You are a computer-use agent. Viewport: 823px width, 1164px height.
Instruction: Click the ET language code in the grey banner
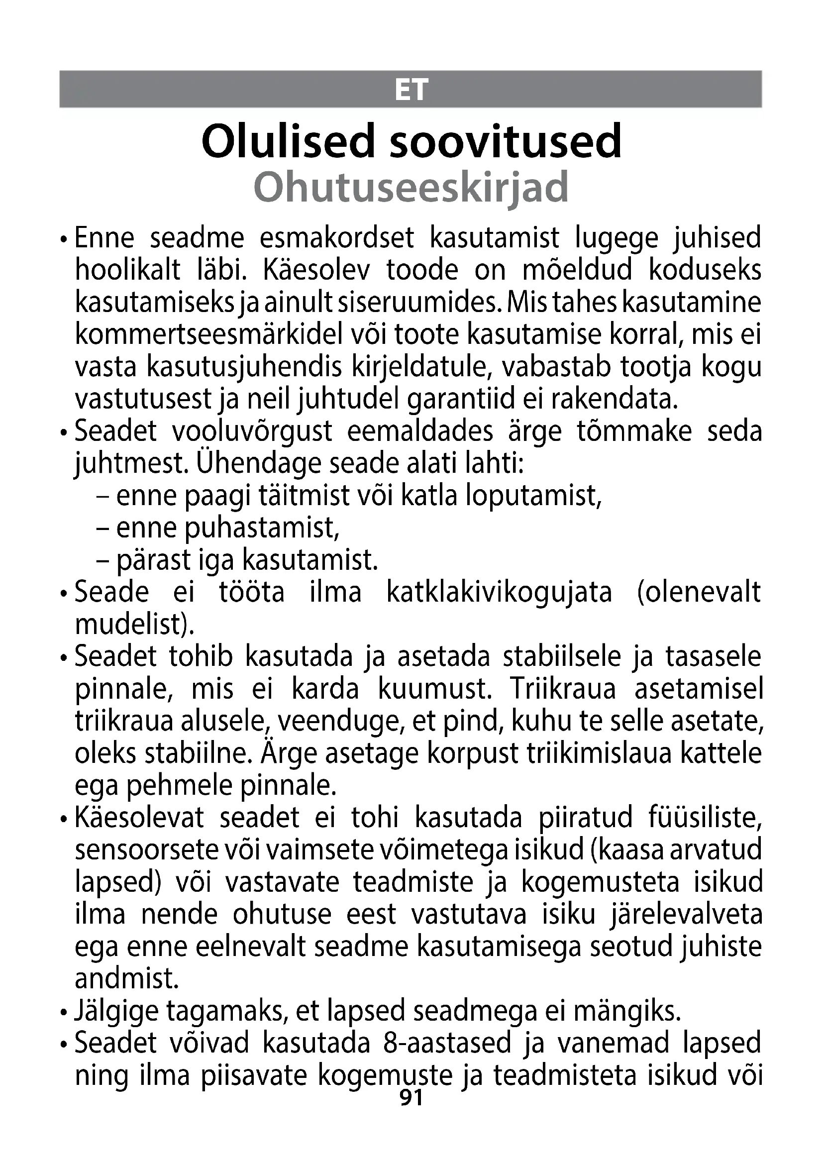point(411,90)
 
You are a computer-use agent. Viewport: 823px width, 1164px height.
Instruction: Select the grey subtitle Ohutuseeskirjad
point(411,187)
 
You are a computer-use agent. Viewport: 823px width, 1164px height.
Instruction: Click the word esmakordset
point(337,238)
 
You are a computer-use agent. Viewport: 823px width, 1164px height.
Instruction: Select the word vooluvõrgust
point(252,431)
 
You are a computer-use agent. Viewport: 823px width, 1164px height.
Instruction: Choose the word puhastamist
point(262,528)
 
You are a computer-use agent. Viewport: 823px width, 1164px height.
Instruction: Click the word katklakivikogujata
point(499,592)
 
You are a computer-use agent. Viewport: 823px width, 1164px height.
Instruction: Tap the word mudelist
point(134,624)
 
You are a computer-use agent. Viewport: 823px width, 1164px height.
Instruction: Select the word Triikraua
point(563,689)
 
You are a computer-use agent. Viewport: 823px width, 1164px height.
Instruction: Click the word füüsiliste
point(705,818)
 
